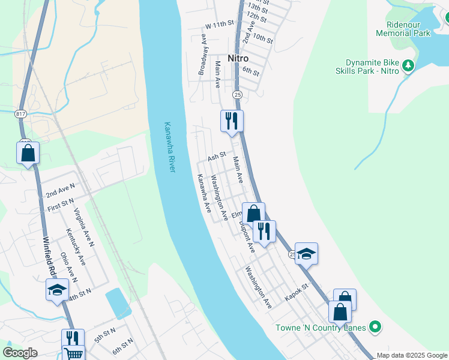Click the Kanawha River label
coord(170,148)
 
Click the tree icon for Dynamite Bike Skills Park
coord(408,66)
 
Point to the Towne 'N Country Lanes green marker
coord(375,327)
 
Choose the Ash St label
coord(216,157)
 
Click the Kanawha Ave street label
coord(205,193)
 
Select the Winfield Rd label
coord(49,257)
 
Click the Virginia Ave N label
coord(84,227)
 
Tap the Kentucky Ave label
coord(76,247)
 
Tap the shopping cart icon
coord(74,353)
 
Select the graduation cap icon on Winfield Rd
coord(57,290)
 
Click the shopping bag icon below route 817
coord(28,153)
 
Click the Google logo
coord(20,353)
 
